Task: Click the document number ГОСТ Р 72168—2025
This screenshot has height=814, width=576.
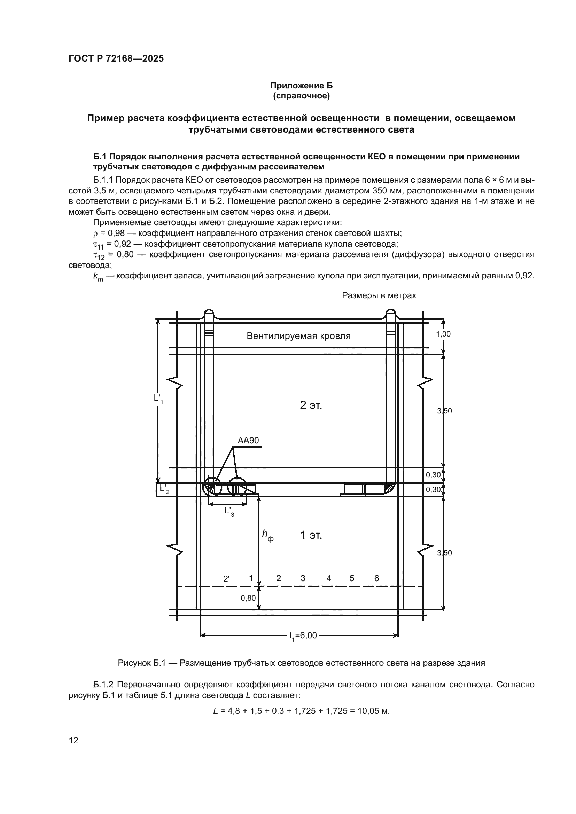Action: [x=116, y=58]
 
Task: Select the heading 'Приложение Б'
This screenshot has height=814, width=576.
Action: [x=302, y=86]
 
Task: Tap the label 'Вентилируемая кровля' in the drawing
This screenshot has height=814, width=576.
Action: [x=298, y=336]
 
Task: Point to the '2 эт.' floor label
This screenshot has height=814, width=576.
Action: [x=311, y=405]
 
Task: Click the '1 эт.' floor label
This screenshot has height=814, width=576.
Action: [x=311, y=535]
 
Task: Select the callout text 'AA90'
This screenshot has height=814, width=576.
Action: [x=248, y=440]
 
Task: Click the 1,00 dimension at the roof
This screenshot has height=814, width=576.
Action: [x=443, y=334]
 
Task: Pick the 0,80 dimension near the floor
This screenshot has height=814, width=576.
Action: [x=248, y=598]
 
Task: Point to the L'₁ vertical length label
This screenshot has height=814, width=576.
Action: [x=158, y=398]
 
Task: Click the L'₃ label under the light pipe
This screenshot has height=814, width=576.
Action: [x=229, y=511]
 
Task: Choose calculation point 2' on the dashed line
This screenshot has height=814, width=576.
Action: [x=226, y=579]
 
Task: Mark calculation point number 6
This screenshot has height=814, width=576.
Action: [x=377, y=578]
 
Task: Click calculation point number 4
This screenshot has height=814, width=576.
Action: [x=329, y=578]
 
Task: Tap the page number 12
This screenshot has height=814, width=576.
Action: [x=73, y=740]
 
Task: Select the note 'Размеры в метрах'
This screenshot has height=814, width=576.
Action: [x=379, y=295]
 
